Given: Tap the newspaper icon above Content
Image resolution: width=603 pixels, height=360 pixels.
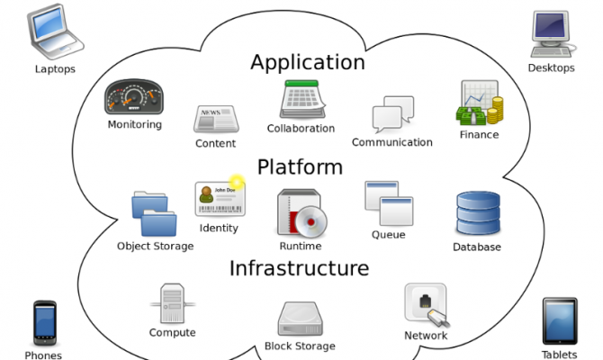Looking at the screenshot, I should [214, 119].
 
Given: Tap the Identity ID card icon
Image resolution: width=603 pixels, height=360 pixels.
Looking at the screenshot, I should [220, 199].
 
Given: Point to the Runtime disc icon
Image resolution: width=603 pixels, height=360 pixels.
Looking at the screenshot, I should [300, 213].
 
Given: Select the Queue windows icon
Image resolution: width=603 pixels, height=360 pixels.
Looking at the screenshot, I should [388, 204].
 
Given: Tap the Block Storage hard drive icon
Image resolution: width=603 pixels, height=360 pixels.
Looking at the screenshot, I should [300, 318].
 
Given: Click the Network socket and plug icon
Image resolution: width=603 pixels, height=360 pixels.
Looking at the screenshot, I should [425, 306].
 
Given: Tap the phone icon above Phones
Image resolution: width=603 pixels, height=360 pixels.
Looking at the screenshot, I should [44, 323].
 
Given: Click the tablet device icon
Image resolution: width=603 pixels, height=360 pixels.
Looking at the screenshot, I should [559, 321].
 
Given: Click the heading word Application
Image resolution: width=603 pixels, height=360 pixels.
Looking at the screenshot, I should [307, 62].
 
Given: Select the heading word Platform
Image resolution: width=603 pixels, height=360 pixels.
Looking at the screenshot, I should [300, 166].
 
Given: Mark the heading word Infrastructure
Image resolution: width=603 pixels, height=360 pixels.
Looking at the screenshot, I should [299, 268].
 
